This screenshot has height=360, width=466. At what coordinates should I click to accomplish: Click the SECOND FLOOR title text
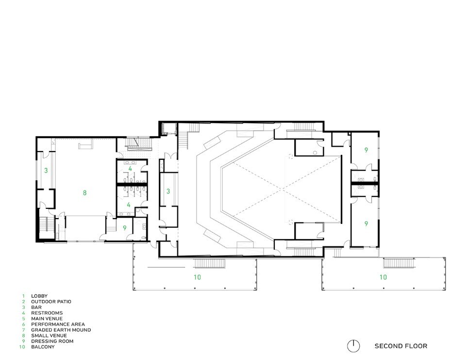[400, 346]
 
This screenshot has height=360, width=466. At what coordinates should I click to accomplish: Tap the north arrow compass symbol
[353, 346]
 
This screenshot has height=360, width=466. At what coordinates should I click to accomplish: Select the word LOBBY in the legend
[39, 296]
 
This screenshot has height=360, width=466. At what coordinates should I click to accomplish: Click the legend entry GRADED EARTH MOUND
[61, 330]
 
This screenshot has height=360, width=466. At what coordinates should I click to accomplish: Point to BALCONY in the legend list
[43, 347]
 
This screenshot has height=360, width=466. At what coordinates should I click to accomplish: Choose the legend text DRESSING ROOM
[52, 341]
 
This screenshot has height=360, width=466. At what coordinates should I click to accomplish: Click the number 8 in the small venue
[84, 193]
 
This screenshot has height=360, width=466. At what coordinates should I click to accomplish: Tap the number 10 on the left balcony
[198, 277]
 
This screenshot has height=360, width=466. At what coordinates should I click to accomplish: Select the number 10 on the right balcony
[383, 277]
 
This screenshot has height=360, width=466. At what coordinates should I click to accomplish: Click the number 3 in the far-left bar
[46, 171]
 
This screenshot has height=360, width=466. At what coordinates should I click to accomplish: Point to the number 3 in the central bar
[168, 191]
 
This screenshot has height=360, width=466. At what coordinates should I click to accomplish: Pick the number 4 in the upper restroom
[130, 169]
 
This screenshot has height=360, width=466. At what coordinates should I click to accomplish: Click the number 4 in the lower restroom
[129, 205]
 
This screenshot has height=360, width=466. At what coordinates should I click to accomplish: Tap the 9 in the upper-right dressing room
[366, 150]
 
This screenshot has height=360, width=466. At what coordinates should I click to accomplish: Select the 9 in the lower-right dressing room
[366, 223]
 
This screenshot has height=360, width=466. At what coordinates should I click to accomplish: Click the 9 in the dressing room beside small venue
[125, 228]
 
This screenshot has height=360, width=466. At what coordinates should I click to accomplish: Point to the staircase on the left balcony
[209, 264]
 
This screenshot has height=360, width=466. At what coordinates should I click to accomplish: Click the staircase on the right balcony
[399, 263]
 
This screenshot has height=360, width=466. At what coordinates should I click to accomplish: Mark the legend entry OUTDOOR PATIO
[51, 302]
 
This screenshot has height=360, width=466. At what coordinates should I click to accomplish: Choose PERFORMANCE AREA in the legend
[58, 325]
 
